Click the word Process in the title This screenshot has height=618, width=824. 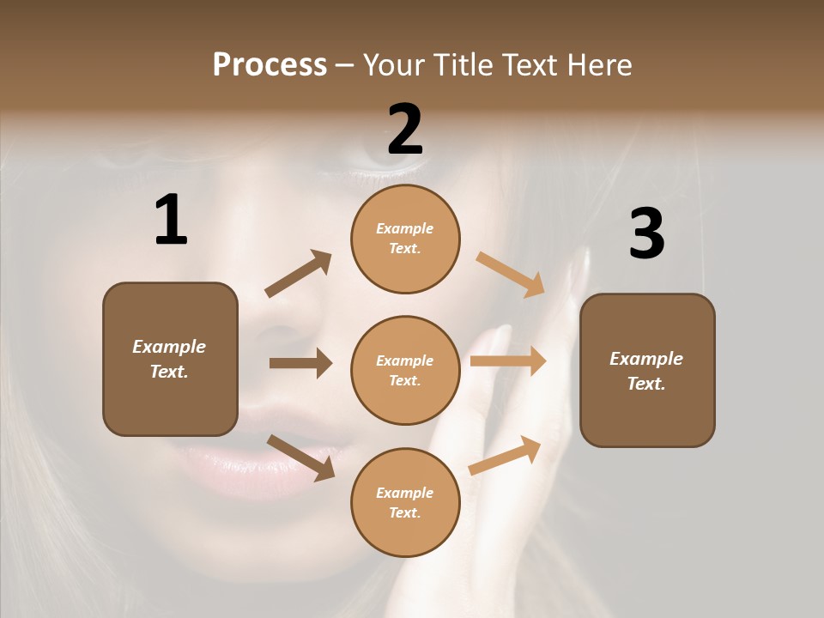(270, 65)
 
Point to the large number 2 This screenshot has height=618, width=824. (405, 130)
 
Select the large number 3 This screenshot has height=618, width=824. (646, 233)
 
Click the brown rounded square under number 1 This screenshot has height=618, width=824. (170, 359)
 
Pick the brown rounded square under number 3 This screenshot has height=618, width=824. (647, 370)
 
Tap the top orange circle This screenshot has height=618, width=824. (405, 239)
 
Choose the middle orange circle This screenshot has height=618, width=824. (405, 370)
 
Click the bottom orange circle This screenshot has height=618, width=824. (405, 502)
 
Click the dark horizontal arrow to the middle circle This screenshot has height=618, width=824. (300, 363)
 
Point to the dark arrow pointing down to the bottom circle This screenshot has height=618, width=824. (300, 457)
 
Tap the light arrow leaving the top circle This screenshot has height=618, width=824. (511, 274)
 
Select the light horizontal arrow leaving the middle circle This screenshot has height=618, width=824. (508, 361)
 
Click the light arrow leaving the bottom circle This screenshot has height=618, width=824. (506, 455)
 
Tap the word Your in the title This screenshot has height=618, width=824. (391, 65)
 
